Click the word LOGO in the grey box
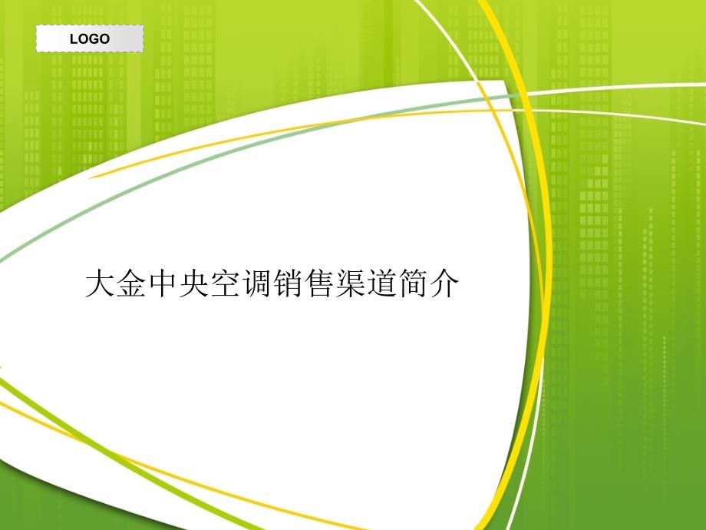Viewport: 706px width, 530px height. pos(90,38)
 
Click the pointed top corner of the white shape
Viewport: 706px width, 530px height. pos(503,81)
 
